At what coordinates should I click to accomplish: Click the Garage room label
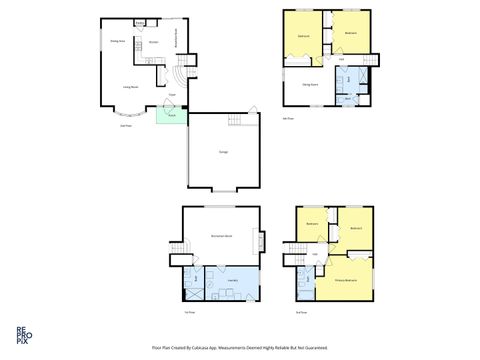click(223, 151)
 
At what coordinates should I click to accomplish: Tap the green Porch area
click(171, 115)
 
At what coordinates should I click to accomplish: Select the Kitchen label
click(153, 43)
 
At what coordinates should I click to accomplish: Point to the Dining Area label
click(116, 41)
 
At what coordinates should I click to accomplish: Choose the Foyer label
click(172, 95)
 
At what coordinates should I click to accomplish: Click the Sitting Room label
click(309, 85)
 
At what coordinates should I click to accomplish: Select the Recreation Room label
click(221, 235)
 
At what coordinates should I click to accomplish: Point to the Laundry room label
click(232, 281)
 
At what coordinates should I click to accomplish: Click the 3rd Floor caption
click(301, 312)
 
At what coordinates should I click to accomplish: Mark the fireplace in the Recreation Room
click(261, 241)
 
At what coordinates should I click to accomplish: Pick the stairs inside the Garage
click(236, 121)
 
